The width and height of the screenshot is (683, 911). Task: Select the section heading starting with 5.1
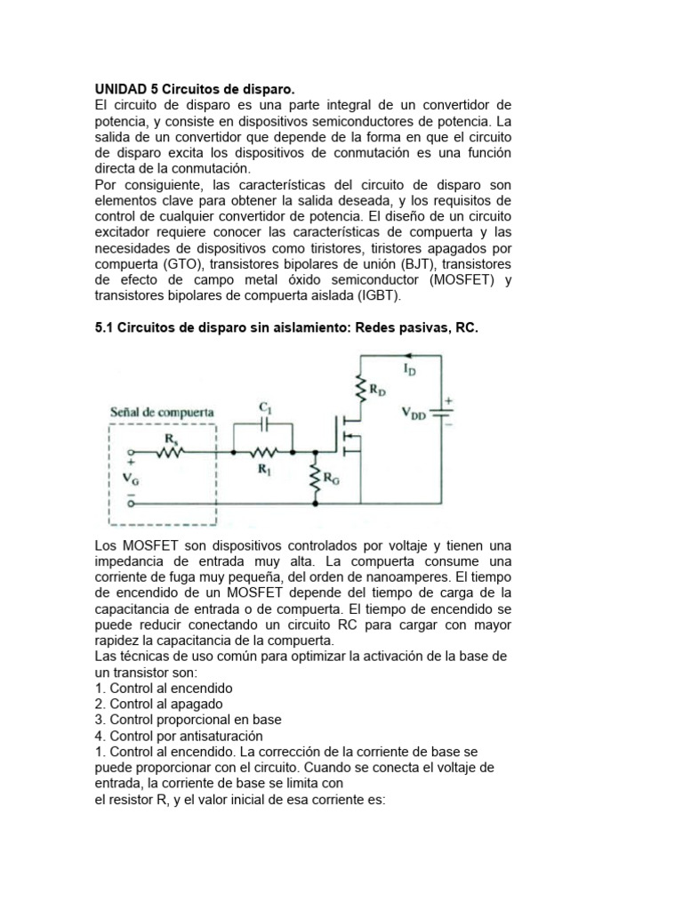(x=285, y=328)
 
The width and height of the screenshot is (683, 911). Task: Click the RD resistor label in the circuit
(x=377, y=389)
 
